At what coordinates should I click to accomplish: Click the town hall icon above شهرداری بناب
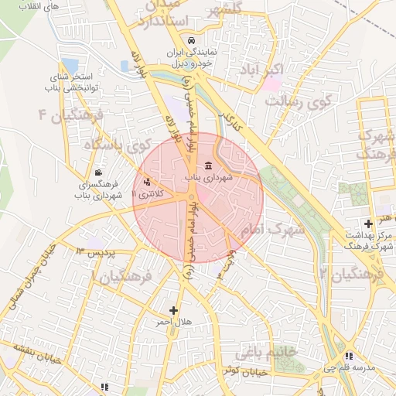pos(208,166)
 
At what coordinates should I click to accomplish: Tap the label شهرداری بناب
pos(208,178)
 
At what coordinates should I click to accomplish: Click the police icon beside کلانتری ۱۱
pos(147,183)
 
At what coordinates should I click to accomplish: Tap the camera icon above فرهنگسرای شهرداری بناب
pos(97,172)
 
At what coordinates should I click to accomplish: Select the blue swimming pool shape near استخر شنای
pos(70,66)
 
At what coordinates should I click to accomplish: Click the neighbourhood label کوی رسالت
pos(306,101)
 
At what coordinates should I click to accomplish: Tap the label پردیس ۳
pos(95,253)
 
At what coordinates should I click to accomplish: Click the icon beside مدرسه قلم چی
pos(350,356)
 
